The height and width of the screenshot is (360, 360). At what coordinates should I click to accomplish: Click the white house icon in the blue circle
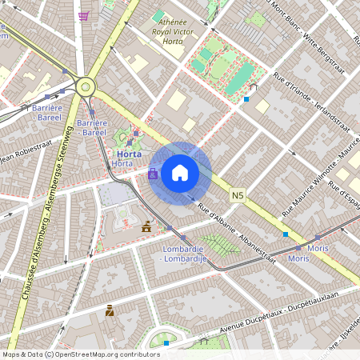coord(180,173)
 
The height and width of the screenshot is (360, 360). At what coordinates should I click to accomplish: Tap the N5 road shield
coord(238,194)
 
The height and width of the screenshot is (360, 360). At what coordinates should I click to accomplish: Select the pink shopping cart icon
coord(84,16)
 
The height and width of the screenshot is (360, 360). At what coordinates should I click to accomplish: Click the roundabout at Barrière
coord(85,86)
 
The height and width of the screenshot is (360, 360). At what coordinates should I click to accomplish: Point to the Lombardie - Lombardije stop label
coord(185,254)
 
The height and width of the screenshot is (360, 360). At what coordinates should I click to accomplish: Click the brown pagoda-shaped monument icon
coord(146,227)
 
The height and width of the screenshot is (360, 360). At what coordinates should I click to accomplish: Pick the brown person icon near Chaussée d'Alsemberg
coord(110,310)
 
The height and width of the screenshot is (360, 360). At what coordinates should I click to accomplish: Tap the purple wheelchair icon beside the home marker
coord(153,173)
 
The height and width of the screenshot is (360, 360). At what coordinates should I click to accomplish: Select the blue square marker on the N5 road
coord(286,234)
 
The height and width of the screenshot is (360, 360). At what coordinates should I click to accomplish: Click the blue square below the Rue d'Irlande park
coord(246,99)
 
